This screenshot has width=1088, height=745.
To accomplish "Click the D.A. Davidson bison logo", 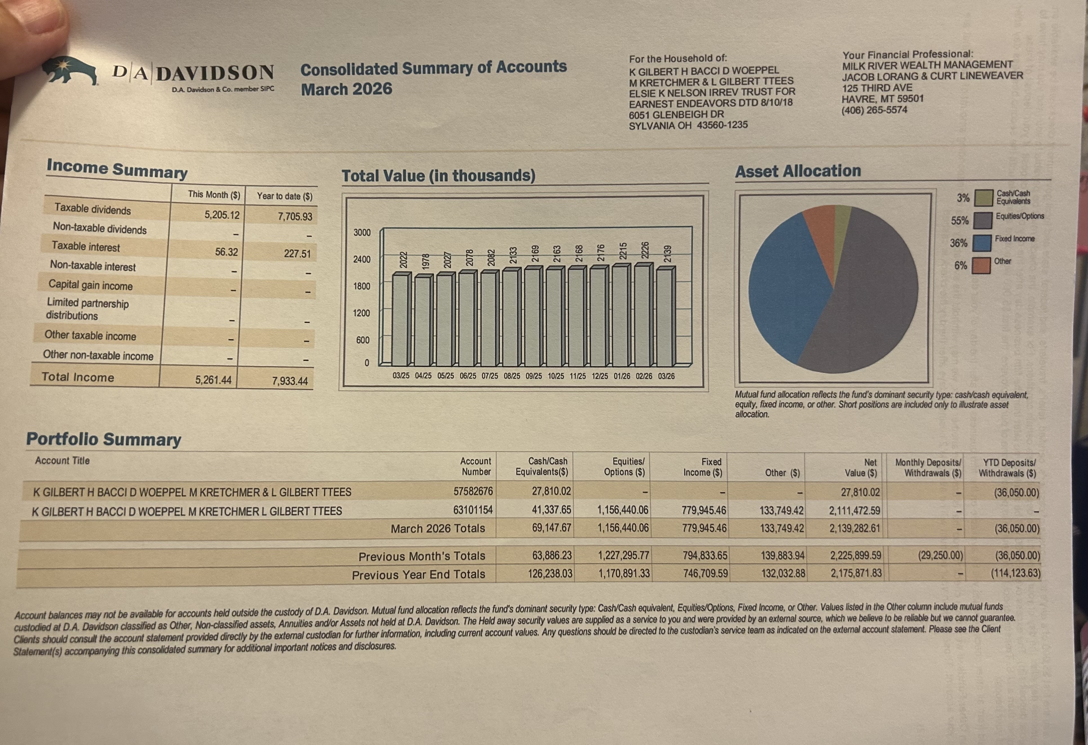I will point(70,71).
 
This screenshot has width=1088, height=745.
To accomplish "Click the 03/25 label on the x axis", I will point(401,376).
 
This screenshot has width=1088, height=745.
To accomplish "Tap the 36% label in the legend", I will point(958,243).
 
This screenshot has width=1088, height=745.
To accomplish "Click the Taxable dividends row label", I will point(93,210).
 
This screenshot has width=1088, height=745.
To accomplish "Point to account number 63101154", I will point(472,510).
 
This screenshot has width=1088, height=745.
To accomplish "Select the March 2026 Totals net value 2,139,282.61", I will point(854,528).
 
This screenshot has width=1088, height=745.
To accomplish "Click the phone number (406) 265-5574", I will point(874,110).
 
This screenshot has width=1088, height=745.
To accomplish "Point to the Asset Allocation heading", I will point(798,171).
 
